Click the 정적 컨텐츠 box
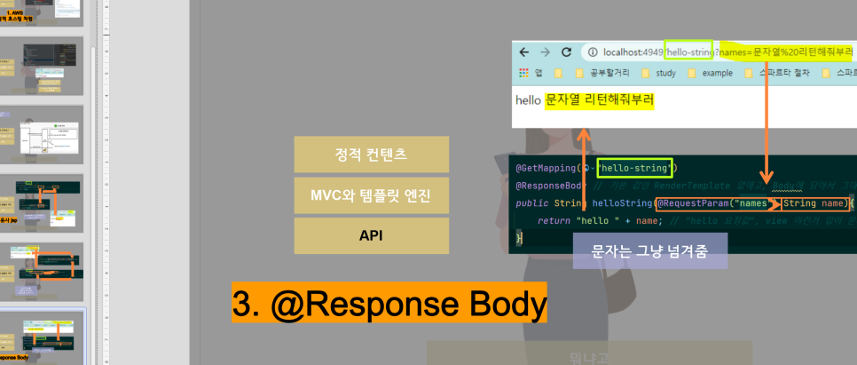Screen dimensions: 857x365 [371, 154]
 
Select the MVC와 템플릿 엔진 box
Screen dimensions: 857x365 [371, 194]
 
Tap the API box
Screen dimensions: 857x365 [371, 235]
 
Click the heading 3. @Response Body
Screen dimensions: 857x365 [389, 303]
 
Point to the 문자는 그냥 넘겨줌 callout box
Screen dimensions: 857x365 [649, 251]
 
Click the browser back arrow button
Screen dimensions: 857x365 [524, 52]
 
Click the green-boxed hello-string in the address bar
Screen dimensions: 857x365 [689, 52]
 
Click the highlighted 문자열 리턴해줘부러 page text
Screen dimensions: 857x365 [599, 100]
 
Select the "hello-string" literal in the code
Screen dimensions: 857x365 [636, 167]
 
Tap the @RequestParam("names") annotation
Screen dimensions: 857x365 [715, 203]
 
